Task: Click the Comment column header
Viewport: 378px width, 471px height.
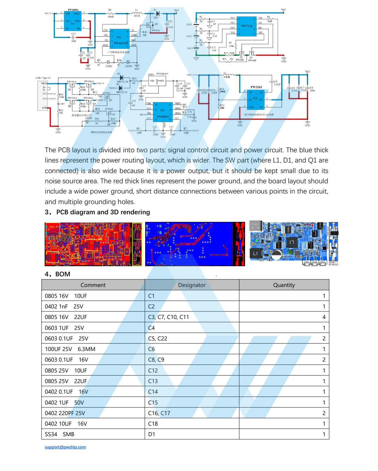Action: click(x=93, y=285)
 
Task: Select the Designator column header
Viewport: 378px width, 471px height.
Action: click(x=192, y=285)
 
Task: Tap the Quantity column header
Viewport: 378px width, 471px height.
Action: click(x=284, y=285)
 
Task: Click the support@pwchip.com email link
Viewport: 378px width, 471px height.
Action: click(x=65, y=447)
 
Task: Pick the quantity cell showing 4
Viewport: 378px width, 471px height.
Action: click(x=323, y=317)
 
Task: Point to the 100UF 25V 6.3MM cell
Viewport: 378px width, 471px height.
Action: click(x=70, y=349)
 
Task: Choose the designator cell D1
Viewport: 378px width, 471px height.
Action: click(x=152, y=434)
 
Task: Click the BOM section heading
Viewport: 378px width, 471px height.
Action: click(x=58, y=274)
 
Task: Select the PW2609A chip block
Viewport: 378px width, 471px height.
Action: click(x=73, y=21)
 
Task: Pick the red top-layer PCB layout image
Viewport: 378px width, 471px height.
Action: click(x=93, y=244)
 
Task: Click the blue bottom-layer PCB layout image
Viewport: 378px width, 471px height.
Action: click(x=195, y=244)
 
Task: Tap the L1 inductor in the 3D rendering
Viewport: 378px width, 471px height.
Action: click(x=255, y=253)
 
